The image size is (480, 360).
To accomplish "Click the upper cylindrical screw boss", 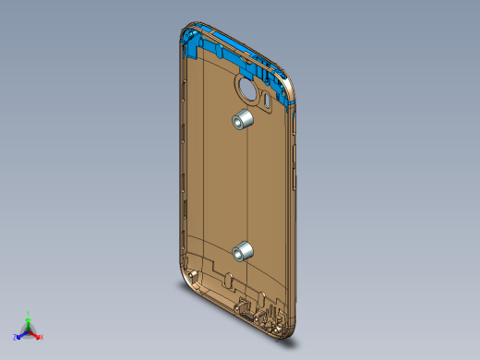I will coord(244,119).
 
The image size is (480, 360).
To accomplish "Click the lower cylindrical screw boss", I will coord(244,251).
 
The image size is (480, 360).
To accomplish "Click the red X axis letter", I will coord(42,337).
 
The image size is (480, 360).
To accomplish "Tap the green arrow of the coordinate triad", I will coord(29,321).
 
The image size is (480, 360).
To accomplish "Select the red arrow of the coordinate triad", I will coord(35,333).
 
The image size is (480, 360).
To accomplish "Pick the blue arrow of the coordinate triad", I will coord(21,334).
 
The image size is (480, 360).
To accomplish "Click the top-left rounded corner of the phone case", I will coord(180,35).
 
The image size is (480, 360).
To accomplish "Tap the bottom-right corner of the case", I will coord(288,330).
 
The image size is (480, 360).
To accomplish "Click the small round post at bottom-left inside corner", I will coord(191,275).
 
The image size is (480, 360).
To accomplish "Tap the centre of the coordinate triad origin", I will coord(29,330).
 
